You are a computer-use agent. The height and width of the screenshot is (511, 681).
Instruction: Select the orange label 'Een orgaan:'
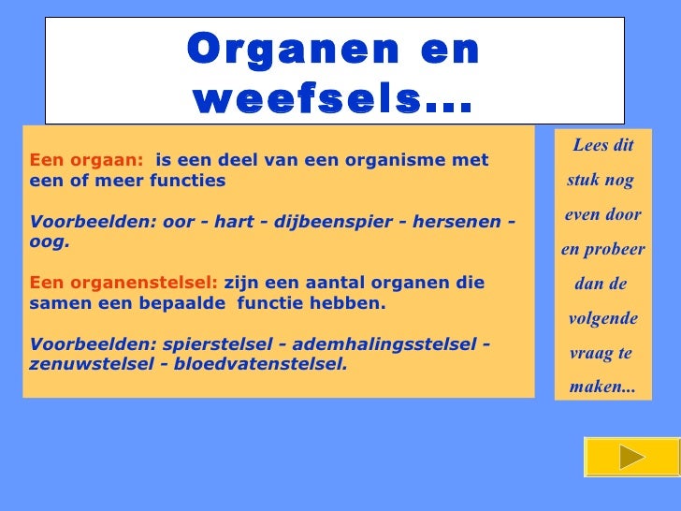(x=87, y=160)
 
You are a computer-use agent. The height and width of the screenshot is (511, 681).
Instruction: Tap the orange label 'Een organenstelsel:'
(x=123, y=283)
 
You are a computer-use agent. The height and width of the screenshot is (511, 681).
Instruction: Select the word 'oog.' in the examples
(x=50, y=241)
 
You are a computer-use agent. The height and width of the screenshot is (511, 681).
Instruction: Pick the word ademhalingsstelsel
(x=383, y=343)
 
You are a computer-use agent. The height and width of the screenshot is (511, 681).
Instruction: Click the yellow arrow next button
(x=632, y=457)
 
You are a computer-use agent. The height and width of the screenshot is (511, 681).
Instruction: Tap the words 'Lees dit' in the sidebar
(x=602, y=145)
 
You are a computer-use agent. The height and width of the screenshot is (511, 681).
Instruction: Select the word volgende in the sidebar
(x=602, y=318)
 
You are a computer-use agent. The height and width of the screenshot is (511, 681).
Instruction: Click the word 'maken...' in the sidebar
(x=601, y=386)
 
